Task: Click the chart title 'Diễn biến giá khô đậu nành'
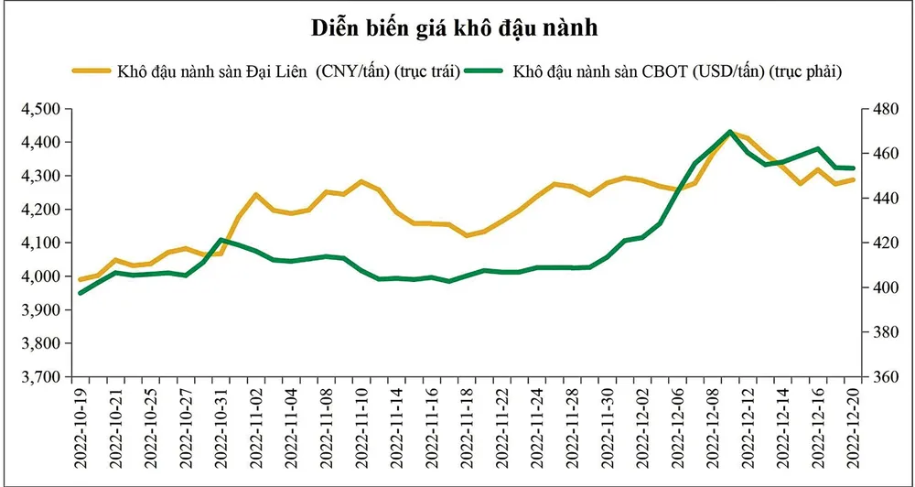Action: [456, 28]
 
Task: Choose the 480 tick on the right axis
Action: [878, 109]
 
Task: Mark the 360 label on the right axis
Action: [878, 377]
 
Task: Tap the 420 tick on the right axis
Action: [878, 243]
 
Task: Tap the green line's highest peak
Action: [729, 132]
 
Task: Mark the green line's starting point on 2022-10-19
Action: [81, 293]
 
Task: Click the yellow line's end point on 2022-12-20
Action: [854, 179]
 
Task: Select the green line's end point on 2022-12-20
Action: [854, 168]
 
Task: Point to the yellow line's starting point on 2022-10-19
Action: [81, 280]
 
